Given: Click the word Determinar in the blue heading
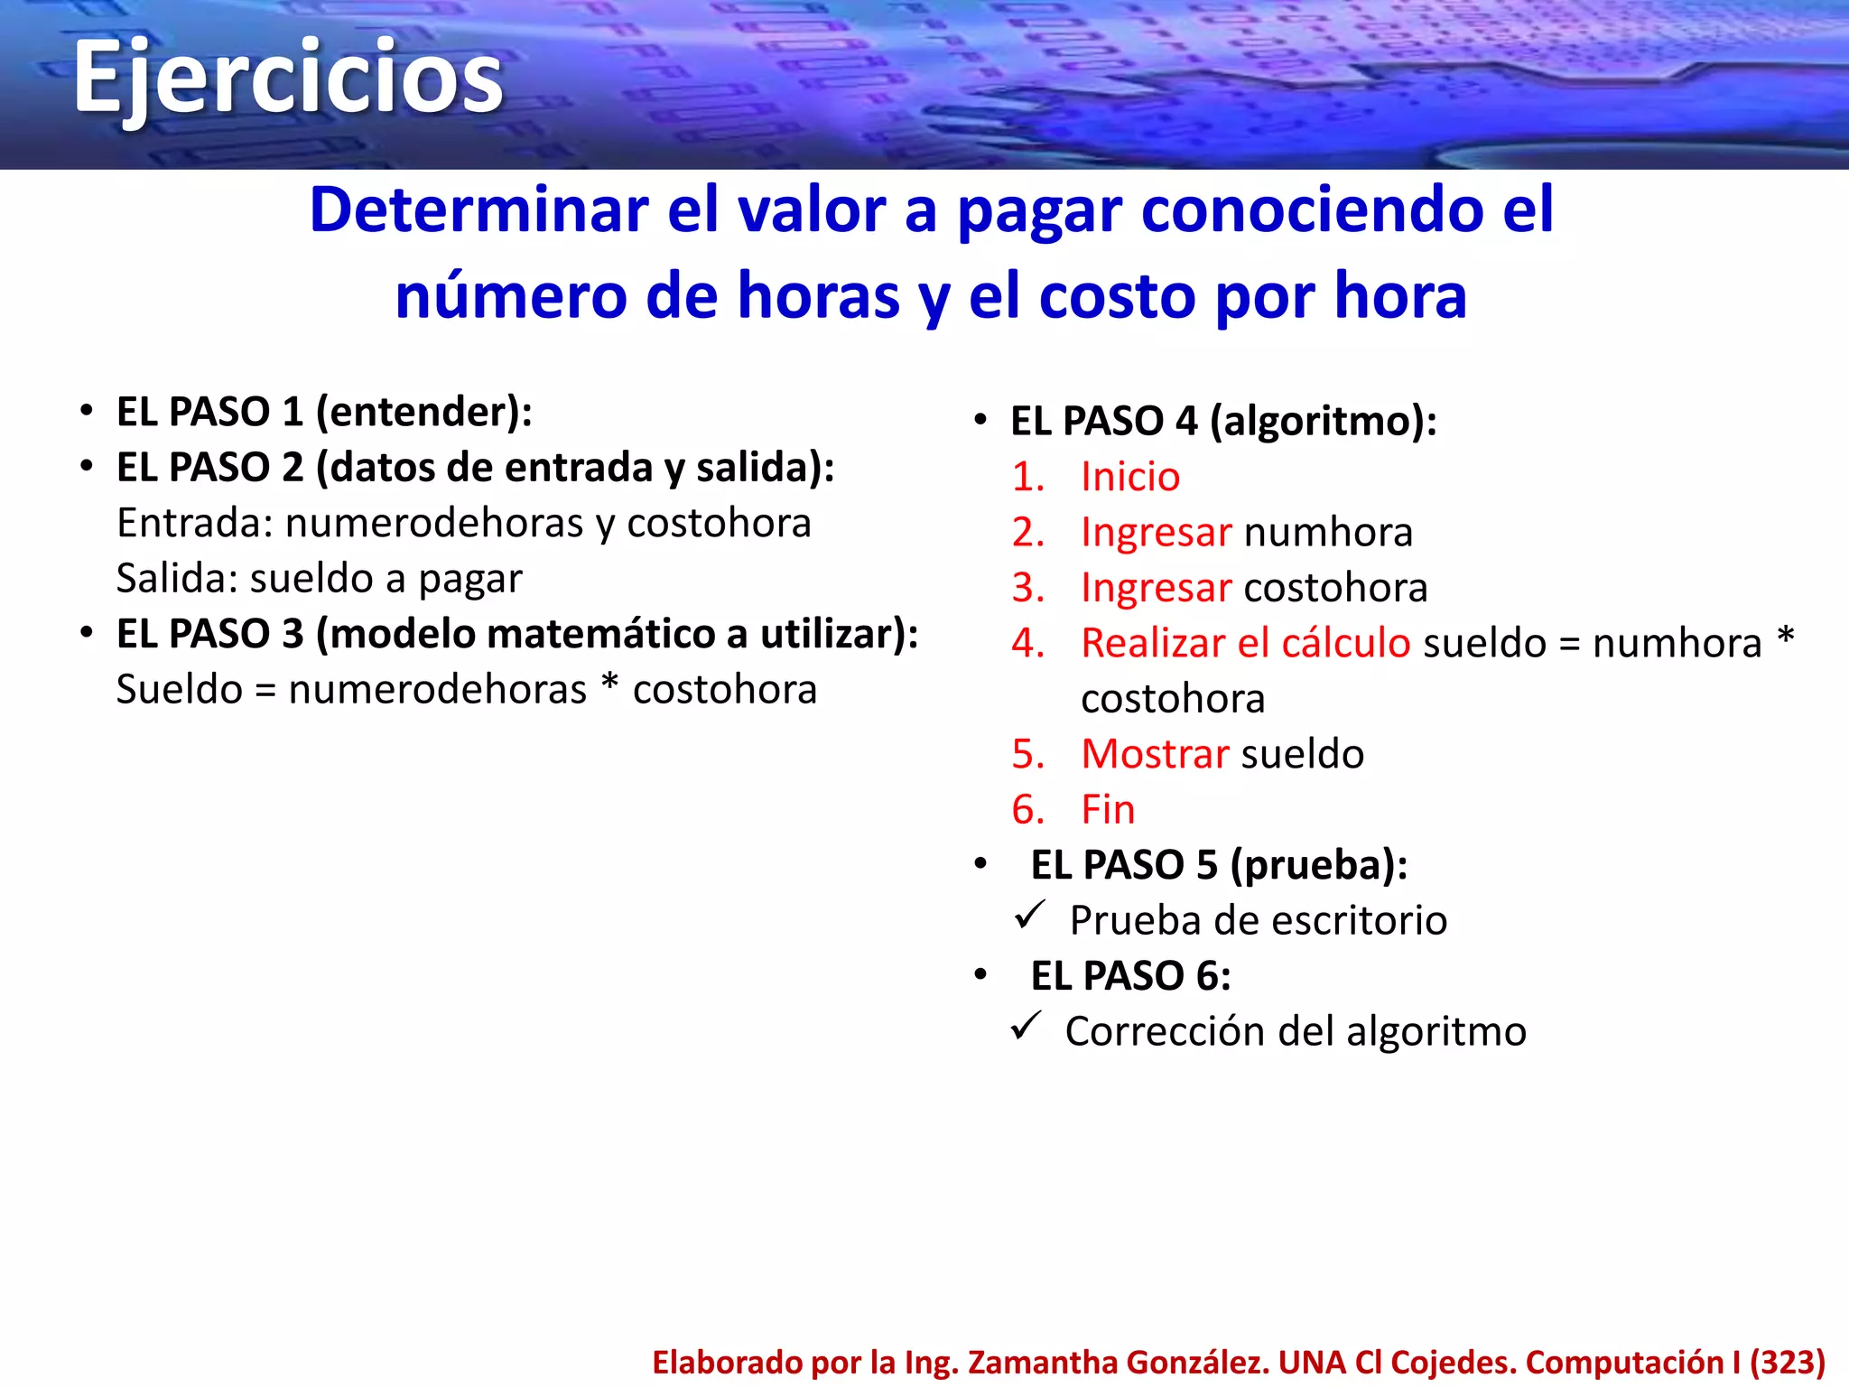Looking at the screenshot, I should pyautogui.click(x=479, y=210).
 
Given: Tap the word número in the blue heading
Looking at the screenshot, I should pyautogui.click(x=510, y=296).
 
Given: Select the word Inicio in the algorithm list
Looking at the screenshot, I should pyautogui.click(x=1130, y=477).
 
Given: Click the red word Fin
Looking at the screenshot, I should pyautogui.click(x=1108, y=809).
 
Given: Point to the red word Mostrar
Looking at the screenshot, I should pyautogui.click(x=1155, y=754).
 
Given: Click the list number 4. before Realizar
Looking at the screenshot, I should pyautogui.click(x=1028, y=643).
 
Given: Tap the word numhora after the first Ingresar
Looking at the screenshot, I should pyautogui.click(x=1328, y=533).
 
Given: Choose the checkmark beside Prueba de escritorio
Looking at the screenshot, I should pyautogui.click(x=1029, y=916).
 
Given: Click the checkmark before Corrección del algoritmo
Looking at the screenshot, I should pyautogui.click(x=1027, y=1027).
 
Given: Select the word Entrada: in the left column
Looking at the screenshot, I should pyautogui.click(x=194, y=523).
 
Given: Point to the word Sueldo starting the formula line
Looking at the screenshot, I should pyautogui.click(x=179, y=690).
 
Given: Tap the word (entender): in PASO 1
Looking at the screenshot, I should pyautogui.click(x=423, y=413).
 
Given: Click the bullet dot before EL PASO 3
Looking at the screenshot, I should pyautogui.click(x=87, y=632).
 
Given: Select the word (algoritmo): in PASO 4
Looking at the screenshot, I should pyautogui.click(x=1323, y=422).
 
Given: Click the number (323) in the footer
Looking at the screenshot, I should pyautogui.click(x=1788, y=1362).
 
